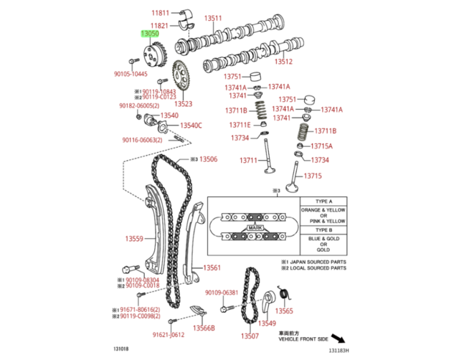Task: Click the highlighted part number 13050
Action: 150,33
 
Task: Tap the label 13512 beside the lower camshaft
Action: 285,61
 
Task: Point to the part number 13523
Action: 183,104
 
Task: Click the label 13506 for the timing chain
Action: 207,159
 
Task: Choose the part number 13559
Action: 134,239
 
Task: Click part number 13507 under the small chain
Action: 249,336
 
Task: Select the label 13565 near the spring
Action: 285,311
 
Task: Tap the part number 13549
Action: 267,323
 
